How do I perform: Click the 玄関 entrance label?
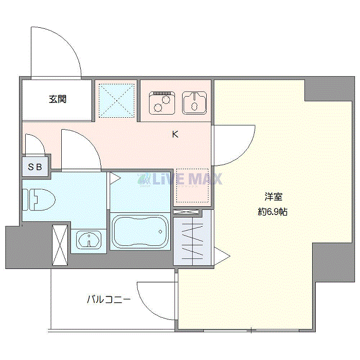click(x=58, y=99)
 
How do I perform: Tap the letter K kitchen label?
click(x=175, y=134)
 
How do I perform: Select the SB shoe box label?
click(x=35, y=167)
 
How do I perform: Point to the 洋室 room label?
click(x=273, y=197)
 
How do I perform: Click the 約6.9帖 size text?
click(x=273, y=212)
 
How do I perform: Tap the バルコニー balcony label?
click(x=109, y=299)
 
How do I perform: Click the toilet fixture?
click(x=39, y=200)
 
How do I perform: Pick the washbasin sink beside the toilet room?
click(x=88, y=240)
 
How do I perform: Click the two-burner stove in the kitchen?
click(x=162, y=103)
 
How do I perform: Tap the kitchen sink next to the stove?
click(x=194, y=103)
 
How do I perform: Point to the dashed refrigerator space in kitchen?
click(x=192, y=186)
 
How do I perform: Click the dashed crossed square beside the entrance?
click(x=116, y=101)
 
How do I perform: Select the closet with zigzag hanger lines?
click(x=192, y=238)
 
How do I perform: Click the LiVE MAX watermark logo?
click(x=180, y=179)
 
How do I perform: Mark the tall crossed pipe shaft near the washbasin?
click(x=60, y=245)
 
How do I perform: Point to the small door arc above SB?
click(x=40, y=139)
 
